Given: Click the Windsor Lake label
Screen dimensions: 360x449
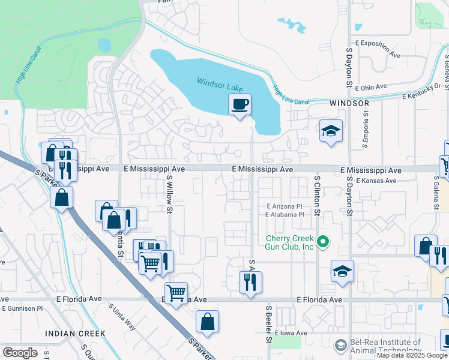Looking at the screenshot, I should pos(218,82).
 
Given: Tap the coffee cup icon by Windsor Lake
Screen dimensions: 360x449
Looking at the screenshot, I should pos(240,104).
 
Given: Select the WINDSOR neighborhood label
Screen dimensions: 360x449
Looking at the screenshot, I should pos(349,103).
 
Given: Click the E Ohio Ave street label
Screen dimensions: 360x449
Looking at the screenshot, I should pos(371,87).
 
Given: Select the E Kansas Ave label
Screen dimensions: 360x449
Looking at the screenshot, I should pos(376,181).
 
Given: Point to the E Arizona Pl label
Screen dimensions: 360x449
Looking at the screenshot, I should pos(285,206).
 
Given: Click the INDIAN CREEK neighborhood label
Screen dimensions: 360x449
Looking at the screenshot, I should pos(75,333).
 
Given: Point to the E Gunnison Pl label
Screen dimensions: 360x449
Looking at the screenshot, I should pos(23,308).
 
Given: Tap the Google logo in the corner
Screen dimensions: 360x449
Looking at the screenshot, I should pos(20,353).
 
